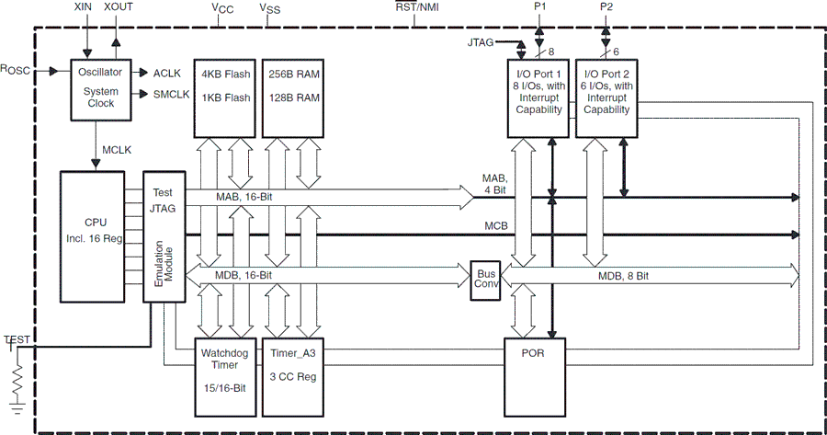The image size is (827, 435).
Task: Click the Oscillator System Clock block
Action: pos(100,87)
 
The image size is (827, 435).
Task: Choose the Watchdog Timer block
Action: pos(223,376)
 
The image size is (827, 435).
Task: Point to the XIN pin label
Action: pos(84,6)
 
